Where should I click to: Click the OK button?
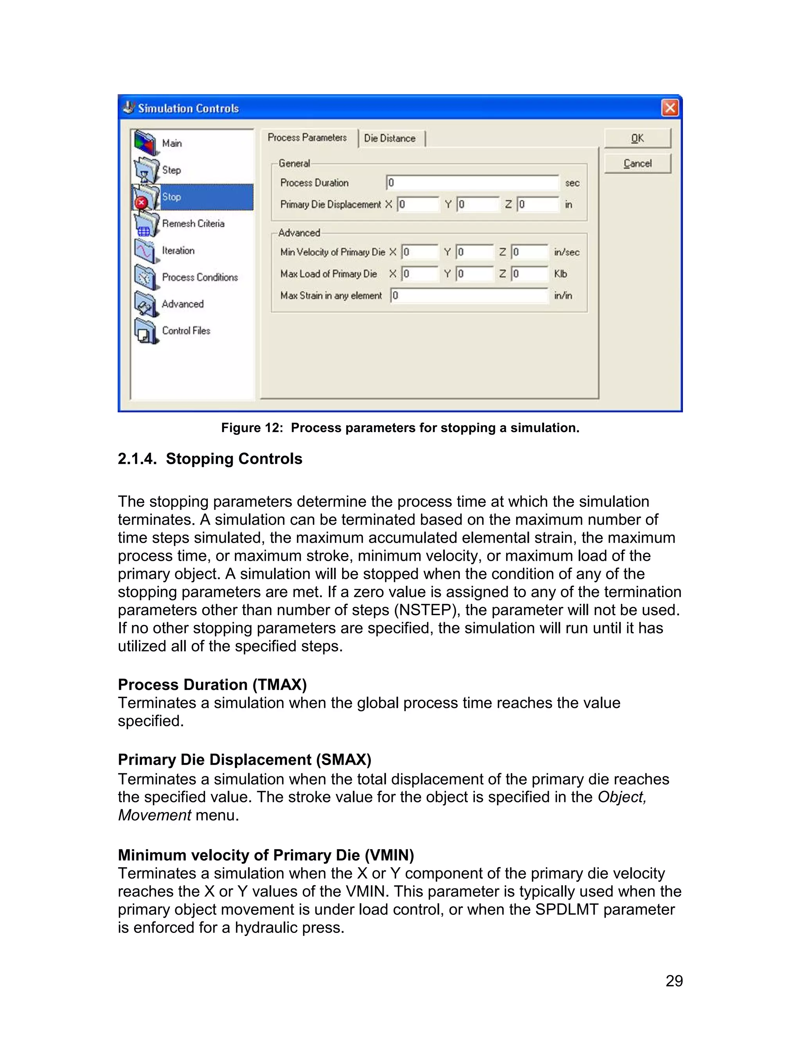[637, 138]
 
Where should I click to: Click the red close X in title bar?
[670, 108]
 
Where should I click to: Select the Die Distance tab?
[390, 139]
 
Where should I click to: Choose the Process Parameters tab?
[307, 138]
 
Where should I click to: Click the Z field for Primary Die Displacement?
[538, 205]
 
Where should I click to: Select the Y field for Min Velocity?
[474, 252]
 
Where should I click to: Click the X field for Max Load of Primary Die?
[420, 274]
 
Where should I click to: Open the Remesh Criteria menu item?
[193, 223]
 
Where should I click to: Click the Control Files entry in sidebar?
[186, 331]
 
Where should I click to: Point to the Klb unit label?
[560, 274]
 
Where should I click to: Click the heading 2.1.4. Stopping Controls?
[210, 459]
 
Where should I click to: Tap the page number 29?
[674, 981]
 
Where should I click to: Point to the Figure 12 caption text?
[400, 428]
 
